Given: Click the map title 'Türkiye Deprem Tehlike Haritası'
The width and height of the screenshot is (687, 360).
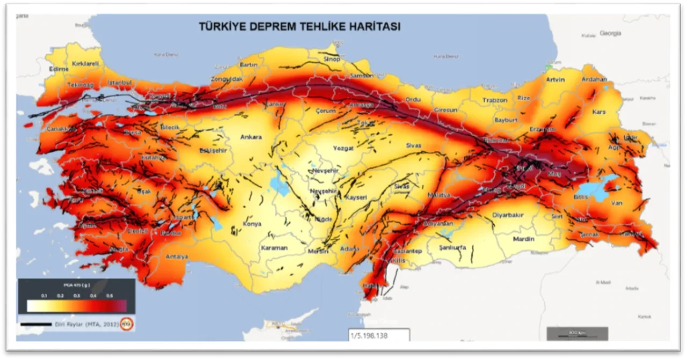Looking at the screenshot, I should pyautogui.click(x=299, y=26).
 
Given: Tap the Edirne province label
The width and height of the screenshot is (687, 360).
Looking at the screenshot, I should pyautogui.click(x=58, y=69).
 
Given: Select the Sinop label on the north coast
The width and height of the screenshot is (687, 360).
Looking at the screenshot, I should pyautogui.click(x=332, y=59).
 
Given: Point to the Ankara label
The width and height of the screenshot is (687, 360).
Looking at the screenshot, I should pyautogui.click(x=251, y=137).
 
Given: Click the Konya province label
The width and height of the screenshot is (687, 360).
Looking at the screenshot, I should pyautogui.click(x=252, y=224).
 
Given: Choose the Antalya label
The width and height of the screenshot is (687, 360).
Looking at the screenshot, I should pyautogui.click(x=177, y=256).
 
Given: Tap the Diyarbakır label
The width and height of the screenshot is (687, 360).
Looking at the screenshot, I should pyautogui.click(x=508, y=215).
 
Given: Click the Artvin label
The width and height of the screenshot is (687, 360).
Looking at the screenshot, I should pyautogui.click(x=555, y=80).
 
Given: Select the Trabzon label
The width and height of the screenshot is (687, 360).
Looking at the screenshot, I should pyautogui.click(x=494, y=100).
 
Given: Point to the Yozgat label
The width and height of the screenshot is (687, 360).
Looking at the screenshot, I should pyautogui.click(x=343, y=148).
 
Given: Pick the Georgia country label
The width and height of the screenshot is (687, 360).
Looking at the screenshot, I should pyautogui.click(x=610, y=33).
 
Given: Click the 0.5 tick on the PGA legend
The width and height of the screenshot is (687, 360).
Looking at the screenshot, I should pyautogui.click(x=109, y=296).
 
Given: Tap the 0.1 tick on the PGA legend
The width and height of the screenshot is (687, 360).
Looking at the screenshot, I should pyautogui.click(x=44, y=296).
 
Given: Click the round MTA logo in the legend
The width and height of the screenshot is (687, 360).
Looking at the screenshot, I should pyautogui.click(x=127, y=324).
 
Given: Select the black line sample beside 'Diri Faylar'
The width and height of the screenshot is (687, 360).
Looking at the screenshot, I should pyautogui.click(x=35, y=324).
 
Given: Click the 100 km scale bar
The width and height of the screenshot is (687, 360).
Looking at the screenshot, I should pyautogui.click(x=577, y=334).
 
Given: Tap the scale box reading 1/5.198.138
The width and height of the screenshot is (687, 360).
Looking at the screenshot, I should pyautogui.click(x=379, y=335).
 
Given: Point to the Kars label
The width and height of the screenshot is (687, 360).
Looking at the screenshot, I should pyautogui.click(x=598, y=112).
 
